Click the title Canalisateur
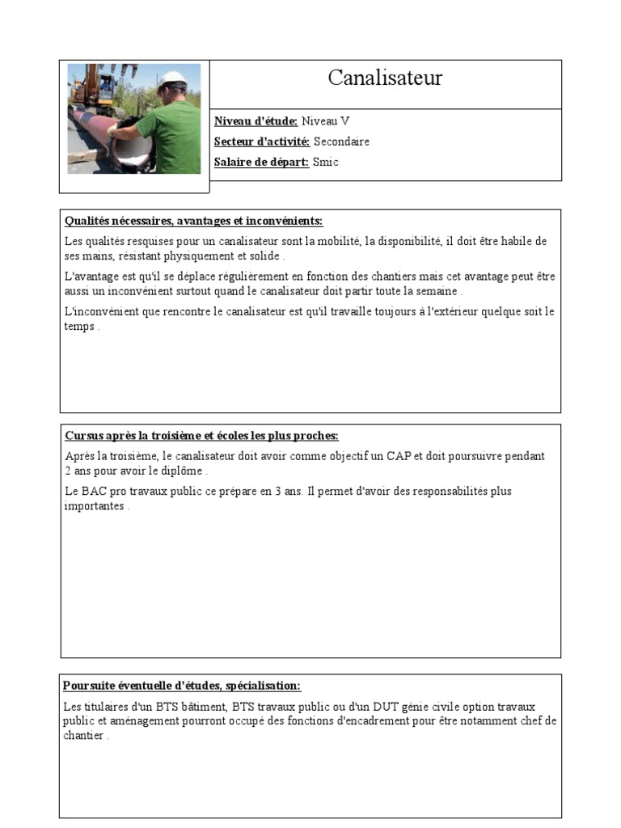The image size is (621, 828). coord(385,78)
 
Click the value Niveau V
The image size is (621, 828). coord(325,121)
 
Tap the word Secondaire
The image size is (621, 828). coord(341,142)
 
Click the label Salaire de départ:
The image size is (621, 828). coord(261,162)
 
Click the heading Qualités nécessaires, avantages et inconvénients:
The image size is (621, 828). coord(193,221)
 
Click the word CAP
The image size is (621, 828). coord(399,456)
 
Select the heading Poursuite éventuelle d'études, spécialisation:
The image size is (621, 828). coord(182,686)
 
